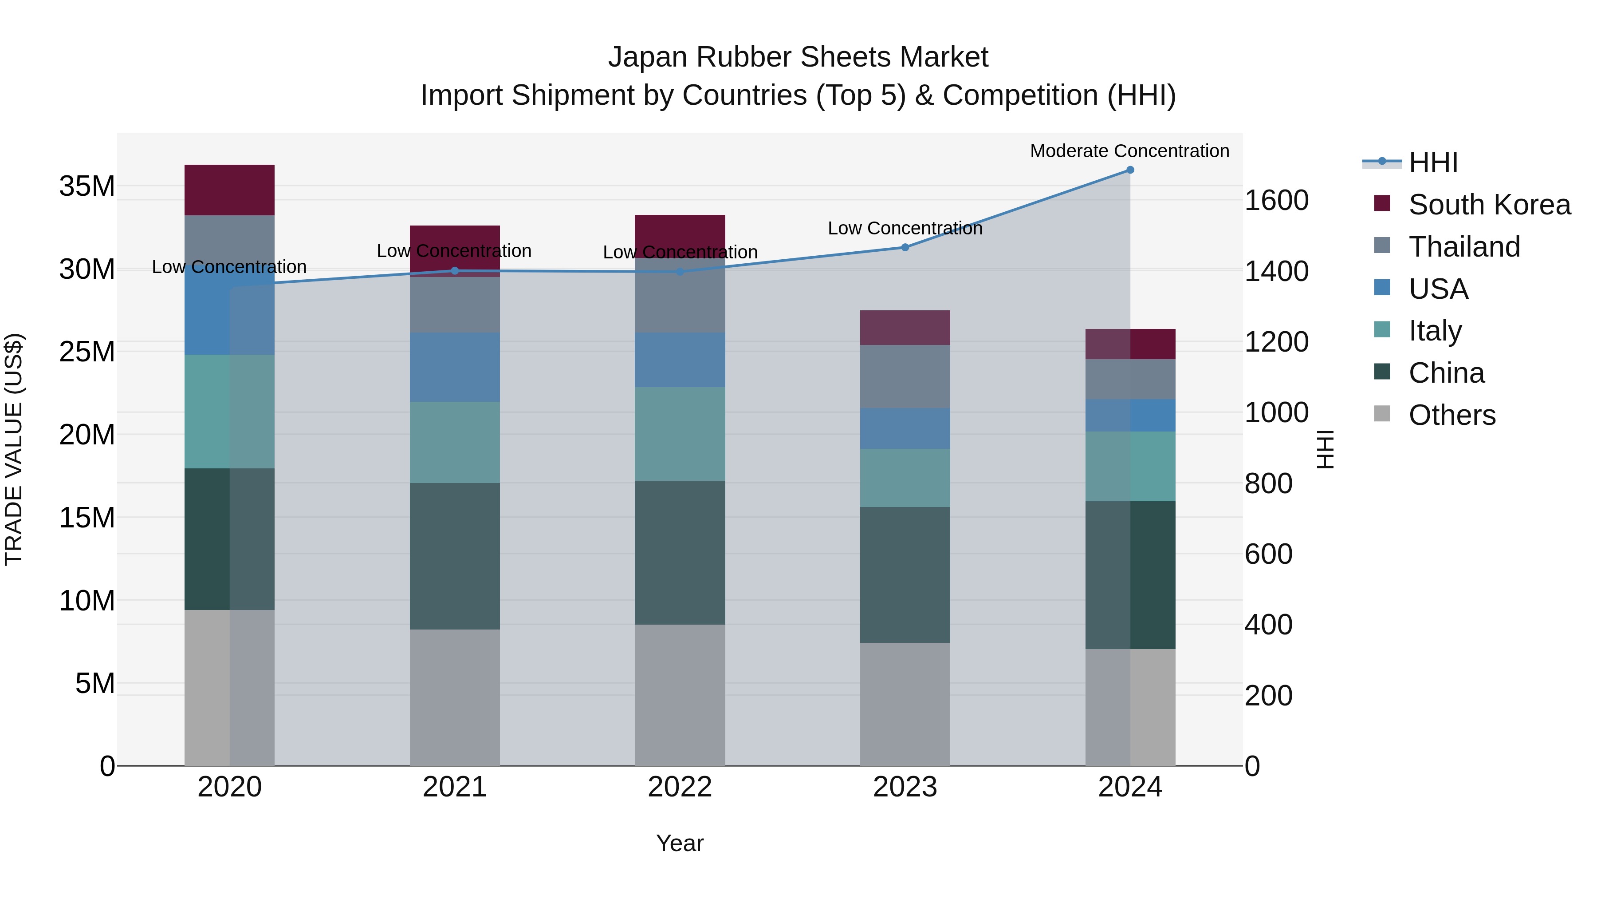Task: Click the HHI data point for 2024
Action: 1129,170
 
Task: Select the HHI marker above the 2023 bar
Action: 905,248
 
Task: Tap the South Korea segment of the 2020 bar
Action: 229,190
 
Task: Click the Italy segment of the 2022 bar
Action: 680,434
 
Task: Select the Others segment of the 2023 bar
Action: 905,704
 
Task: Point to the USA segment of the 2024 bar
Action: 1129,415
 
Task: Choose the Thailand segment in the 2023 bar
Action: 905,376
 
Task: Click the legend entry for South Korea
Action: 1489,205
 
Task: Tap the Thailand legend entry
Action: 1464,247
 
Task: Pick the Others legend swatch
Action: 1382,414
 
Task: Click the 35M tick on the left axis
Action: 87,186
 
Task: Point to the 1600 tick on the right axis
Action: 1276,200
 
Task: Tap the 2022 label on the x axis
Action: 680,787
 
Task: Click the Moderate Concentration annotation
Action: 1129,151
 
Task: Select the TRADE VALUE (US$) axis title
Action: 14,449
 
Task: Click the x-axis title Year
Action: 680,843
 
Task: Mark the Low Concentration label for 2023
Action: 905,228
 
